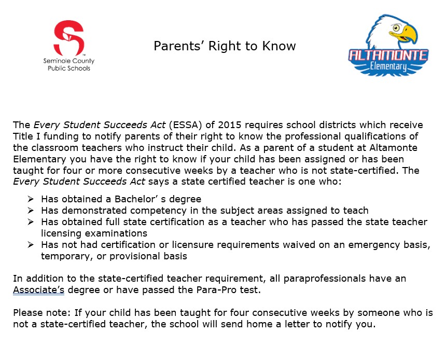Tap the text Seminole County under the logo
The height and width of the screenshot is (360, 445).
point(68,61)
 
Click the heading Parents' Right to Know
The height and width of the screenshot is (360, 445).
point(225,46)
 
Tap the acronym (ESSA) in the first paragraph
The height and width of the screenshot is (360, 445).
point(183,125)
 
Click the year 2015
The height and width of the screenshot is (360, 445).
point(230,125)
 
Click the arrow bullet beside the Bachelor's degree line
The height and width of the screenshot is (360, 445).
point(31,199)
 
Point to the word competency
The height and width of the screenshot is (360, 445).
point(160,211)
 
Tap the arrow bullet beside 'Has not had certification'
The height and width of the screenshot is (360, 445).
point(31,244)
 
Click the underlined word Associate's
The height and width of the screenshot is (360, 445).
point(38,290)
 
